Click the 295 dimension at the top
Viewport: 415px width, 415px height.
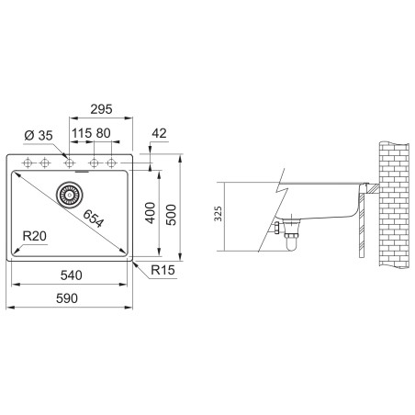coord(101,108)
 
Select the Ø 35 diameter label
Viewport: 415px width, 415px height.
coord(39,135)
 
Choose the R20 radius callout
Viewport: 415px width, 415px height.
coord(35,236)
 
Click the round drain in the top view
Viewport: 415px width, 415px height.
coord(70,194)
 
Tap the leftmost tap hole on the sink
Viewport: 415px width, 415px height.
coord(26,163)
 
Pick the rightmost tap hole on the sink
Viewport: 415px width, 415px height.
coord(113,163)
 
